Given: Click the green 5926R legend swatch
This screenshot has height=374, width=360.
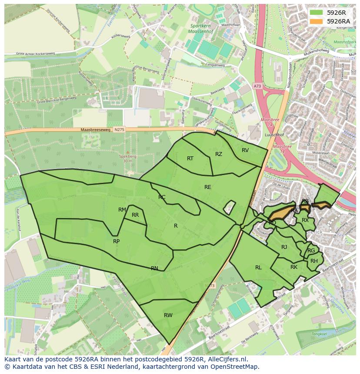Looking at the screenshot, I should (x=317, y=13).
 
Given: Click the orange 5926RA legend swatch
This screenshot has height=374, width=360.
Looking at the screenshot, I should (x=317, y=21).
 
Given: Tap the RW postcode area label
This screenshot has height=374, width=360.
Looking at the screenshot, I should (x=168, y=315).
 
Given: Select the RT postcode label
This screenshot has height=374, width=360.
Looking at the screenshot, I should (x=190, y=159).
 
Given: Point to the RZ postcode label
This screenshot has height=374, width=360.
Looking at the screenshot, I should (x=219, y=154).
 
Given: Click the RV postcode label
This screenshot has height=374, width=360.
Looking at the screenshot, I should (x=245, y=150).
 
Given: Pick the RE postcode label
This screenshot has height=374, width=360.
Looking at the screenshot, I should (x=208, y=187).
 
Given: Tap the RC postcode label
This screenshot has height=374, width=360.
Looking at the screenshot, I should (x=162, y=197).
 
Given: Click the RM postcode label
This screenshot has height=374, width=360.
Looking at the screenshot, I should (x=122, y=210).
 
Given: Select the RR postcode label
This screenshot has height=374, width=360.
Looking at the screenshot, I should (x=135, y=215).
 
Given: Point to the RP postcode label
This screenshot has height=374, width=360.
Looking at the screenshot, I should (x=116, y=242).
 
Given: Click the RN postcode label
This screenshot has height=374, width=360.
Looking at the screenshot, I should (x=154, y=268).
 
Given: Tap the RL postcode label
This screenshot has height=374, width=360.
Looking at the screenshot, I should (x=258, y=268).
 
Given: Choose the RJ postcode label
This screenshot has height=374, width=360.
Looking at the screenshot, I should (x=284, y=247).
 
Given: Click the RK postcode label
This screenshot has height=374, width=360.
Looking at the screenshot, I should (x=294, y=267).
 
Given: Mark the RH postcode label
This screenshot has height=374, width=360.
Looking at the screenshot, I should (x=314, y=261).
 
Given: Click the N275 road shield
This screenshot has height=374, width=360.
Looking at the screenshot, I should (x=119, y=130).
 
